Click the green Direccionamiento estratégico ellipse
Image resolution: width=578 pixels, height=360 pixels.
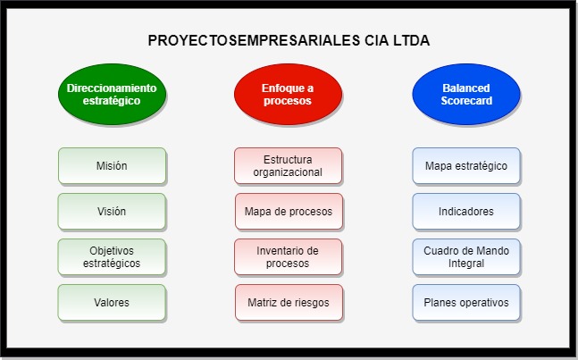112,94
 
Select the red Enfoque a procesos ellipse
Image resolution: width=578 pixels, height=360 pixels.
288,94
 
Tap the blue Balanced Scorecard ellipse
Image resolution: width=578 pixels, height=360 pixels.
466,94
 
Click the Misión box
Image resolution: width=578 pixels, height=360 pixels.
112,166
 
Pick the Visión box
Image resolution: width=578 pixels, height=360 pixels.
112,212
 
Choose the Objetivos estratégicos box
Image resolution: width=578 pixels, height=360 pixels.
112,257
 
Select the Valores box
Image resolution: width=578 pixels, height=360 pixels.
112,303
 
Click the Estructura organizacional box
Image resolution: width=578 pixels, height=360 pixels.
288,166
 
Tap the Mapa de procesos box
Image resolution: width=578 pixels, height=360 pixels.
289,212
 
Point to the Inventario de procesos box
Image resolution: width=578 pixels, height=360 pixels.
288,257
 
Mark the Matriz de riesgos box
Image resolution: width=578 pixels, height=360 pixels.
289,303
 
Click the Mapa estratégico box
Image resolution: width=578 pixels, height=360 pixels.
466,166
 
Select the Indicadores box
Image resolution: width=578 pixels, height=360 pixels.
466,212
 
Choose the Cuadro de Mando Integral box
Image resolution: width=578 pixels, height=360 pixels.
466,257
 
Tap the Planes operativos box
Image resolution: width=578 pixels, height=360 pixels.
466,303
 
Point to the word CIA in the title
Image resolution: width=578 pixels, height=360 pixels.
377,40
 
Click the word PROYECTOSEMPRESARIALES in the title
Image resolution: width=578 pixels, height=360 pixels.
254,40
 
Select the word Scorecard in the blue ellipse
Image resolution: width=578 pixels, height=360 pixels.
466,101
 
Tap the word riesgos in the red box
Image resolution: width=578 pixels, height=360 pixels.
311,303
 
